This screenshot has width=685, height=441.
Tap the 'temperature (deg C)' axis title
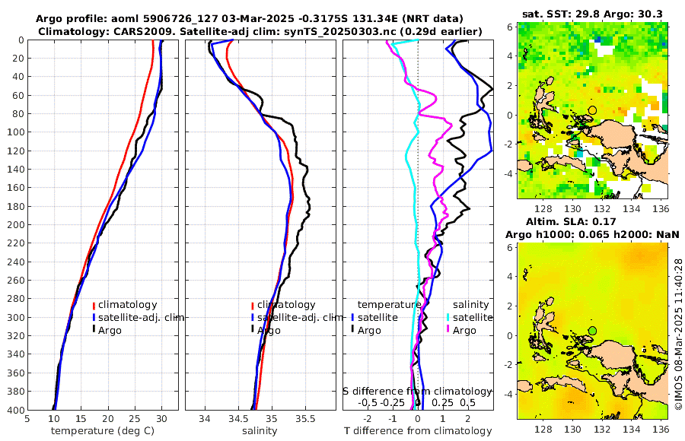pyautogui.click(x=103, y=431)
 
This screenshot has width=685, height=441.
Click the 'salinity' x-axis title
pyautogui.click(x=260, y=431)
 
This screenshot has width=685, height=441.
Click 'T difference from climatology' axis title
pyautogui.click(x=418, y=431)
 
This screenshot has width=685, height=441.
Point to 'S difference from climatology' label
pyautogui.click(x=417, y=391)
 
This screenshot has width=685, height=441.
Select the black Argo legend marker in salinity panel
pyautogui.click(x=252, y=330)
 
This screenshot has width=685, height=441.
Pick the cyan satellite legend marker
pyautogui.click(x=448, y=317)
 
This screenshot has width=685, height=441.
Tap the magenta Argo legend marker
pyautogui.click(x=448, y=330)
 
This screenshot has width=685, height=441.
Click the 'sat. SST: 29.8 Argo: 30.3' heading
pyautogui.click(x=592, y=13)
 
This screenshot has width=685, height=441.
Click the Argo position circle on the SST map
pyautogui.click(x=592, y=111)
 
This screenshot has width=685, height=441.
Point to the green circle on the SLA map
pyautogui.click(x=592, y=331)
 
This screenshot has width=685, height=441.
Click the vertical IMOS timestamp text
pyautogui.click(x=677, y=335)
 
